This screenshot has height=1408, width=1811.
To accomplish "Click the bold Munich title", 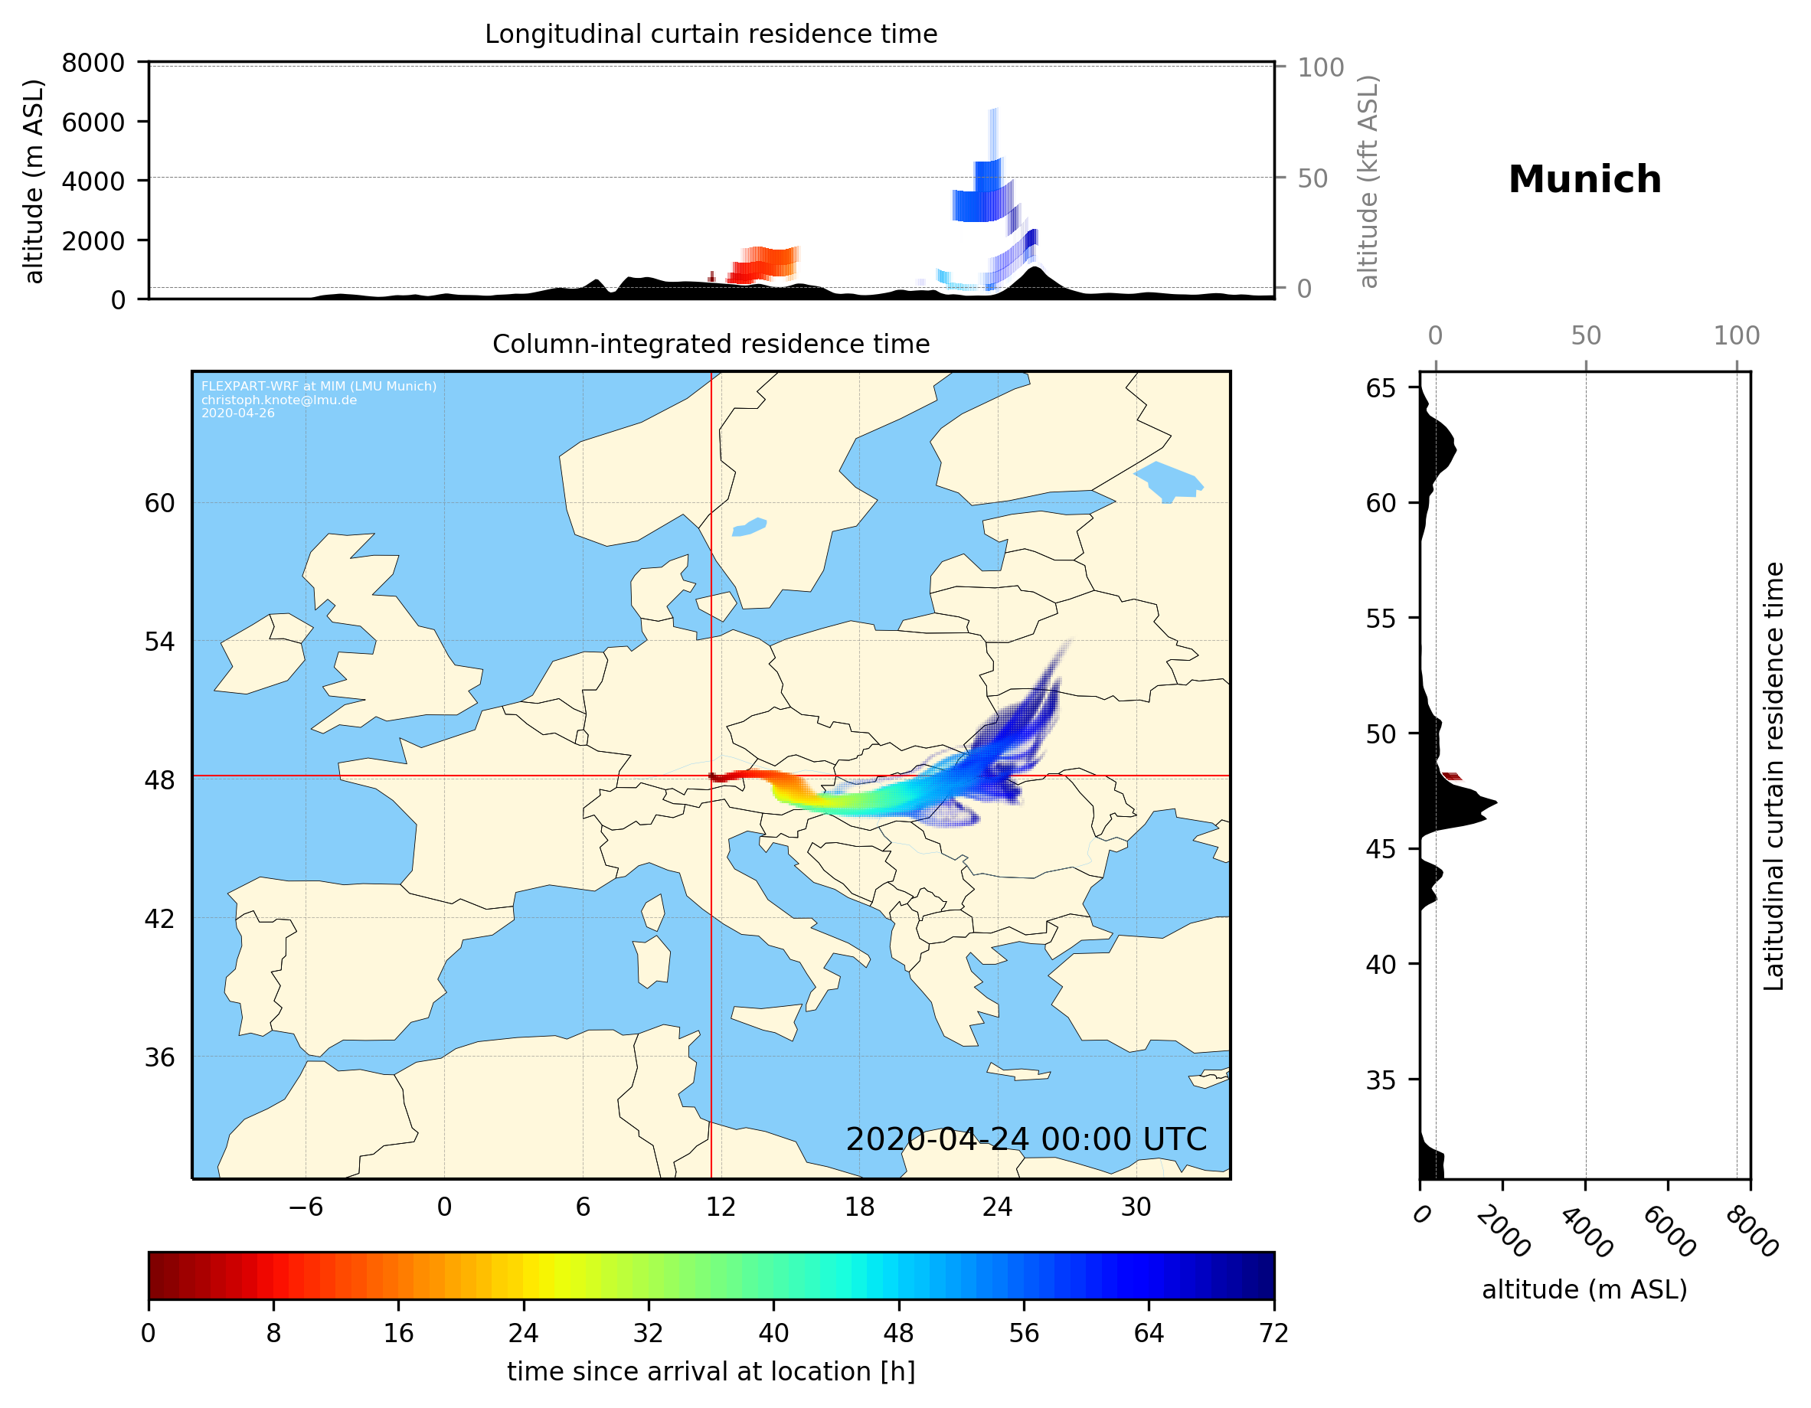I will [x=1584, y=180].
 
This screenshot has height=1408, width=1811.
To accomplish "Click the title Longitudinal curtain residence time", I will [x=711, y=34].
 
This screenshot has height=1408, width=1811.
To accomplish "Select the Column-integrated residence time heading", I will [x=711, y=344].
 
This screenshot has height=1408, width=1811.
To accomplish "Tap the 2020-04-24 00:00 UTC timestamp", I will [x=1026, y=1139].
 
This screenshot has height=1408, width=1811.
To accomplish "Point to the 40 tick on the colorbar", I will [x=773, y=1334].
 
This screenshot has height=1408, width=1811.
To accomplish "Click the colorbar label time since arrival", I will [x=711, y=1372].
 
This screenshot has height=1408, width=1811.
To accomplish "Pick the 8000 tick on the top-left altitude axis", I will [x=93, y=63].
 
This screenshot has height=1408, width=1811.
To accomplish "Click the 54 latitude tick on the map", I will [x=159, y=642].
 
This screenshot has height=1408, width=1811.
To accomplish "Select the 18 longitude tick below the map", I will [x=859, y=1207].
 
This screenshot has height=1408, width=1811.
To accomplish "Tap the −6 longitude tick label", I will [x=305, y=1207].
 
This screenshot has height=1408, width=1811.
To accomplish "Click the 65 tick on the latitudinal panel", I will [x=1381, y=388].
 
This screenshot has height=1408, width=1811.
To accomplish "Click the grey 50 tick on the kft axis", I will [x=1312, y=178].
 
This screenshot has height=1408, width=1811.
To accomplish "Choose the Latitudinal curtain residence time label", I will [x=1773, y=776].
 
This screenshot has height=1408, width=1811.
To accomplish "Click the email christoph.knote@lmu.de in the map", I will [x=279, y=400].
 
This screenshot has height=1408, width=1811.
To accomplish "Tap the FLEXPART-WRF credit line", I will [x=319, y=387].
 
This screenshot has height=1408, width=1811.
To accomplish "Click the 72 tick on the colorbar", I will [x=1273, y=1334].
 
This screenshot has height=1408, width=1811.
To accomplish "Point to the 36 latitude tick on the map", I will [x=159, y=1057].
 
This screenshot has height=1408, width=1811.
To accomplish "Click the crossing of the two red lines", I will [x=711, y=776].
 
